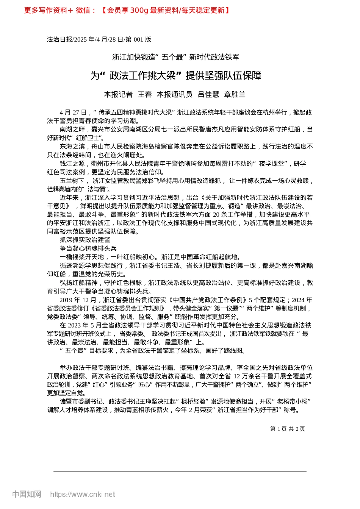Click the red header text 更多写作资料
tap(45, 11)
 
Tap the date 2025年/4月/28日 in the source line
tap(99, 39)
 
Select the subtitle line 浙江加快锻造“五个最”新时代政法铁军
tap(176, 57)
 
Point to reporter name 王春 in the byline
tap(145, 95)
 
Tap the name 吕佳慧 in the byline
tap(208, 95)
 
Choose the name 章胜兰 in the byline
tap(235, 95)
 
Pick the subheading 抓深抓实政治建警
tap(85, 240)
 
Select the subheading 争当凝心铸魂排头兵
tap(88, 248)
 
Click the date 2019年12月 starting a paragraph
tap(78, 300)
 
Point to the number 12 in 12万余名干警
tap(237, 376)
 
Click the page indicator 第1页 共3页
tap(287, 429)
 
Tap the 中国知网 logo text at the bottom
tap(27, 494)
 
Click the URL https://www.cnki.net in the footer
tap(83, 494)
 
